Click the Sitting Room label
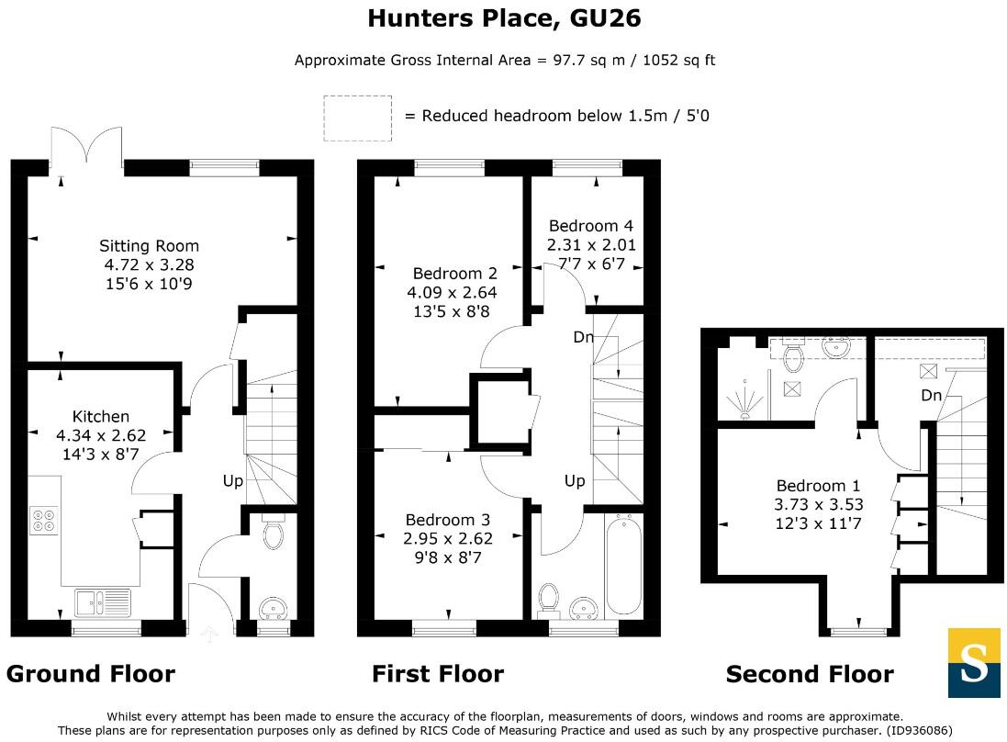click(149, 246)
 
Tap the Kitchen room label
click(101, 416)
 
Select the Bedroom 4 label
click(590, 226)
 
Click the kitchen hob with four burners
click(42, 521)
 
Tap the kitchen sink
click(103, 602)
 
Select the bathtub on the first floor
click(623, 565)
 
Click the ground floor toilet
click(273, 534)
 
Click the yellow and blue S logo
click(973, 663)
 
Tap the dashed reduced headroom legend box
click(357, 118)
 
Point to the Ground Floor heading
click(90, 674)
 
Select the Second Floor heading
click(809, 675)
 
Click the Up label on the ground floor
click(233, 480)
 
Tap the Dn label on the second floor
click(931, 396)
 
